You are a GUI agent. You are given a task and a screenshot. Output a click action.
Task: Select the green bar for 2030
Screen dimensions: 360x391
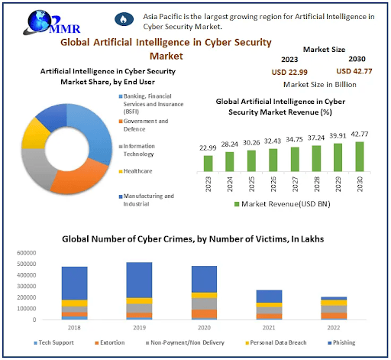(360, 157)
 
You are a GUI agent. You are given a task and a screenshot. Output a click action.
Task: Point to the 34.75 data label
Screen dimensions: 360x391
(295, 140)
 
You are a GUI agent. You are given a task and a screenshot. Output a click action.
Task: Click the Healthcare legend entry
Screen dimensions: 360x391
(139, 170)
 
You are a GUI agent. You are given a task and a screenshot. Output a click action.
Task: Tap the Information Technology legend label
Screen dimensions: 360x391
(144, 149)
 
